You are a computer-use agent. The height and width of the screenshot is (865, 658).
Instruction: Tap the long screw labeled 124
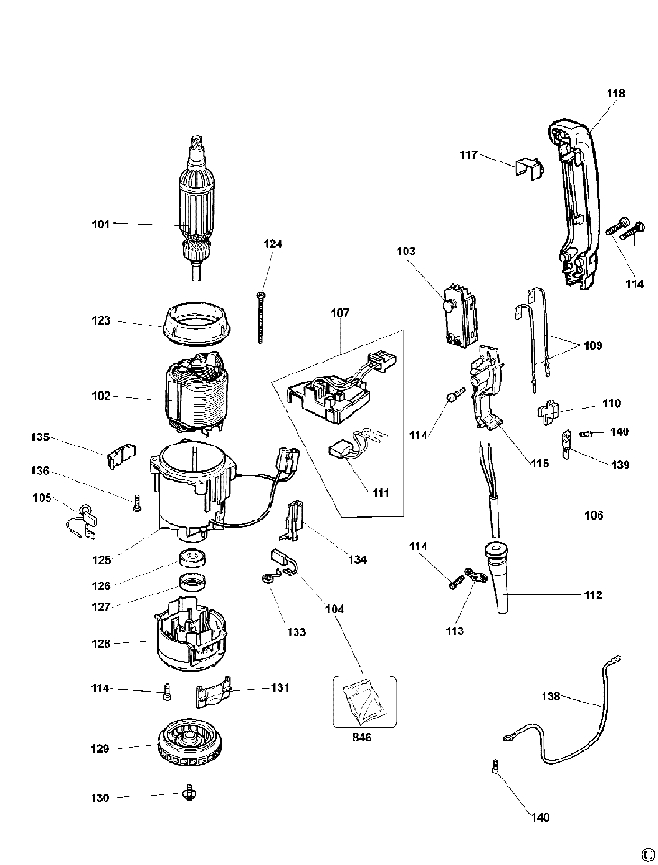pos(259,318)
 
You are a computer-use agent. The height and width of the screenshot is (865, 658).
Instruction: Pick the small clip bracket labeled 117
pos(528,170)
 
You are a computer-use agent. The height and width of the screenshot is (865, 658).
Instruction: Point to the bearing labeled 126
pos(193,557)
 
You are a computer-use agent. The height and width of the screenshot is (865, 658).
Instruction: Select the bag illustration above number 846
pos(364,701)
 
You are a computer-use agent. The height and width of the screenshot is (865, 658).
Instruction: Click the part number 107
pos(340,313)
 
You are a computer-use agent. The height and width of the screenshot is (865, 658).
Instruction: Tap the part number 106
pos(593,515)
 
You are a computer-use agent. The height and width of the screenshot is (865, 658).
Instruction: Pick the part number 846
pos(362,737)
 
